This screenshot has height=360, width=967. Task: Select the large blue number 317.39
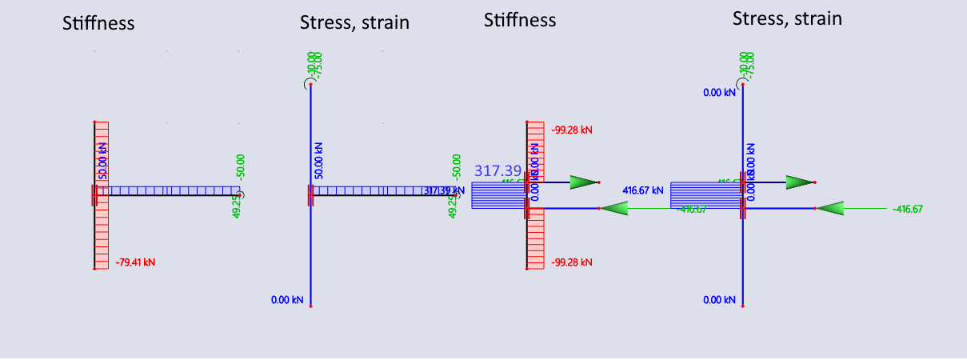coord(497,170)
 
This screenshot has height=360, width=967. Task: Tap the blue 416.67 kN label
coord(643,190)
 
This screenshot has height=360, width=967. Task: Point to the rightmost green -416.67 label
coord(908,209)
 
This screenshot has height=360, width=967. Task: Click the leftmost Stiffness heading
coord(98,24)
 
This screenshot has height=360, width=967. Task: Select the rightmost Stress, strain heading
coord(787,18)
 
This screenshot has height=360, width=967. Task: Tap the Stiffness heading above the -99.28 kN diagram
coord(520,20)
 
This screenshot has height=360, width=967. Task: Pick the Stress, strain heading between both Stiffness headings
coord(354,22)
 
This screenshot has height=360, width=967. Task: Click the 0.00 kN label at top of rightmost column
coord(719,93)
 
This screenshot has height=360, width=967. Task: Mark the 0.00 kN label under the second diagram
coord(287,300)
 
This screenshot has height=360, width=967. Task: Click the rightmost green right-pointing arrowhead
coord(799,182)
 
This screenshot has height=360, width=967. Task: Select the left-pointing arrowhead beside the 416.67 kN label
coord(612,209)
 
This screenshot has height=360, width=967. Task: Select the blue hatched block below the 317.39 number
coord(497,195)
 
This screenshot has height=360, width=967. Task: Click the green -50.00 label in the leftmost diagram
coord(240,166)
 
